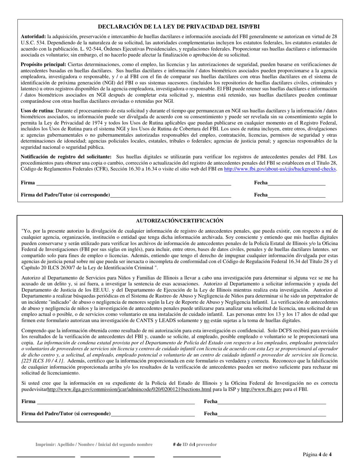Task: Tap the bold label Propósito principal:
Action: coord(43,64)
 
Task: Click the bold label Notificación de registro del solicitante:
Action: coord(66,156)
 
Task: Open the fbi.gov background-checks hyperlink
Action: coord(280,169)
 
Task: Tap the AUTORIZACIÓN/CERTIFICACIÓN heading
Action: coord(180,221)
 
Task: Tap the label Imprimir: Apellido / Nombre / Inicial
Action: coord(94,444)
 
